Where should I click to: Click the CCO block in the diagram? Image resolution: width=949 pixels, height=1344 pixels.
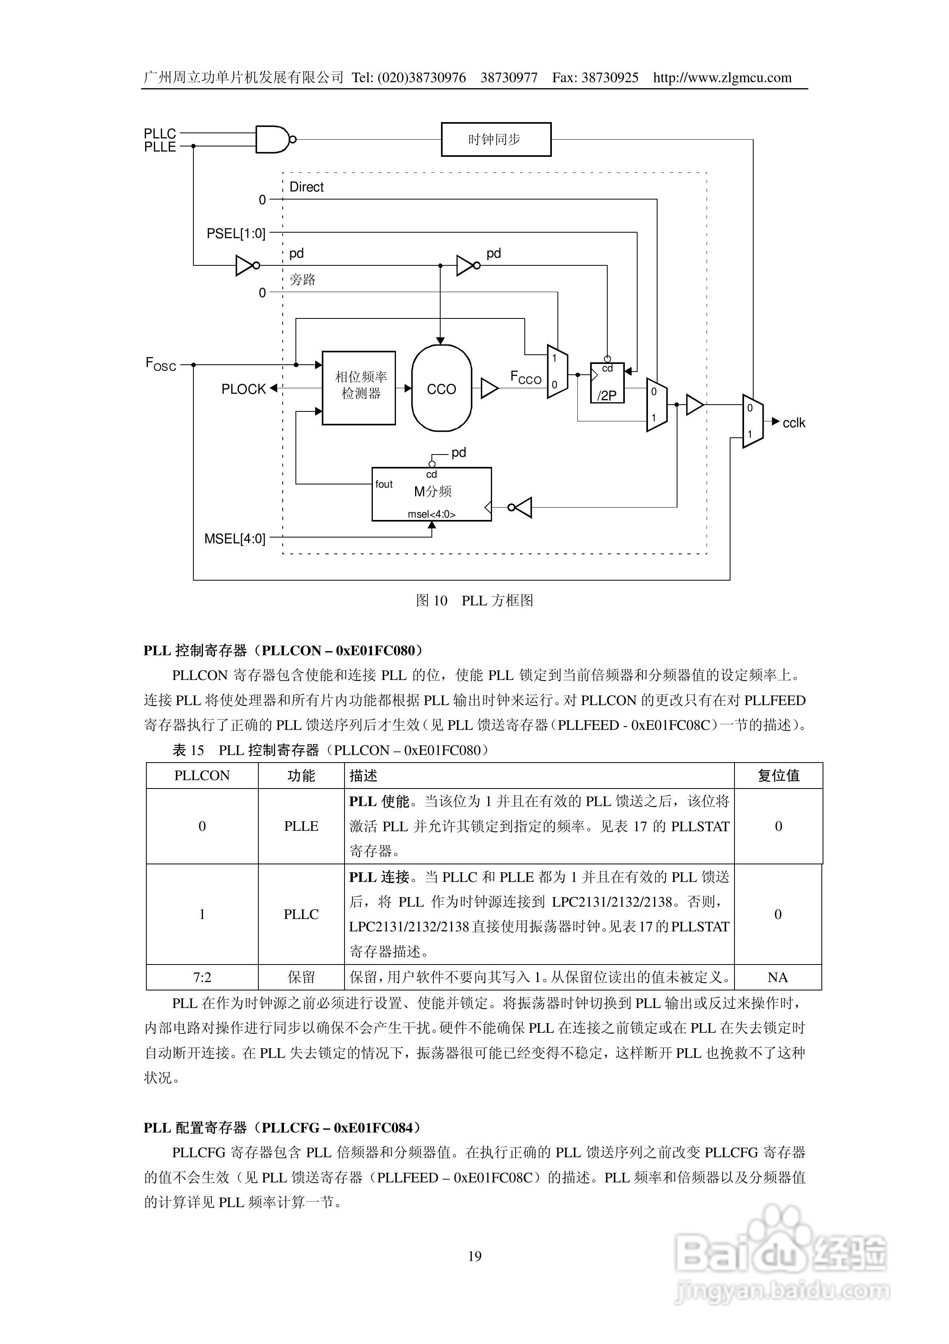point(441,388)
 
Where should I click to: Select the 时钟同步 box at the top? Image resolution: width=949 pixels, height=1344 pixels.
point(496,139)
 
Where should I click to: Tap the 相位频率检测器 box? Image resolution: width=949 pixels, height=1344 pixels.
point(358,387)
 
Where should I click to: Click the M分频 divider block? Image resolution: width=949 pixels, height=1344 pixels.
point(432,494)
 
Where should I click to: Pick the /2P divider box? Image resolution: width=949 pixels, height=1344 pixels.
point(607,383)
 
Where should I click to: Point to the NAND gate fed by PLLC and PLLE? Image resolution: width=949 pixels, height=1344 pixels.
point(273,139)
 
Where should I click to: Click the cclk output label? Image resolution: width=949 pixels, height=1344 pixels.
point(793,423)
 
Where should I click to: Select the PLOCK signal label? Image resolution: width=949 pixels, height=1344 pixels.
point(243,389)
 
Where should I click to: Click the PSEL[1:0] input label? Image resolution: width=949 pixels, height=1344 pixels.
point(236,233)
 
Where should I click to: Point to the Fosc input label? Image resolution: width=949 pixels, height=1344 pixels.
point(160,364)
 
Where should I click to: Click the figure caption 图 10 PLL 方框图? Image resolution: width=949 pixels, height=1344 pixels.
point(474,601)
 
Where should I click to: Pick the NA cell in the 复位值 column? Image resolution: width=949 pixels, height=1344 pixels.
point(778,977)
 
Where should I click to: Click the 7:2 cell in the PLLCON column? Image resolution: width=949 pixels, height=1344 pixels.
point(202,977)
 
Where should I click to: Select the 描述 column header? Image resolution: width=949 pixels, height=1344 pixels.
point(363,776)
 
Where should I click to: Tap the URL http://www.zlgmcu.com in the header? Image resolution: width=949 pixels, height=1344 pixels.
point(722,77)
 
